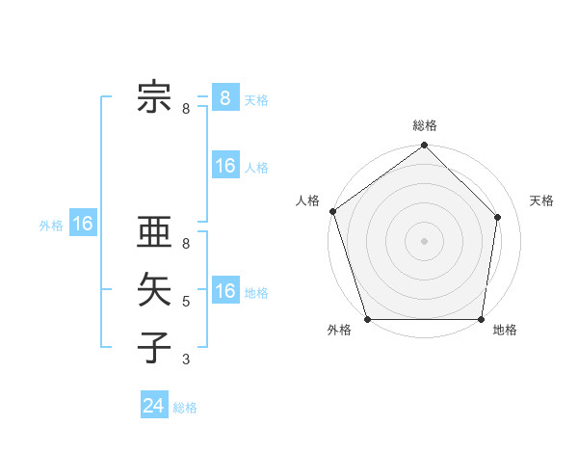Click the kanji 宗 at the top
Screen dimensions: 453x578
click(155, 96)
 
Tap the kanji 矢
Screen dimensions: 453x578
click(155, 289)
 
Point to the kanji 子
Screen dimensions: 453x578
click(155, 346)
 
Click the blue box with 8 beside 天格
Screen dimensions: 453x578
click(224, 98)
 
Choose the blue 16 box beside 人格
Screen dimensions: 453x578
click(225, 166)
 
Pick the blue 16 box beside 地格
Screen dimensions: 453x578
click(225, 290)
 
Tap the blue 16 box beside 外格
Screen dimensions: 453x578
click(83, 225)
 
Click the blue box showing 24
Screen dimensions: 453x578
click(154, 406)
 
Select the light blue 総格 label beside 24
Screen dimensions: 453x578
click(185, 408)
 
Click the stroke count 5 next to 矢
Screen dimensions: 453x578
click(186, 302)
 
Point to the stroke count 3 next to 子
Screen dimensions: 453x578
click(186, 360)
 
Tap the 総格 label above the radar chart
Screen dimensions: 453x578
click(425, 125)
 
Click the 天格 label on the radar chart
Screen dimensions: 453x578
click(542, 200)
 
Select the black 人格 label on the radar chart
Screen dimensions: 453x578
click(308, 200)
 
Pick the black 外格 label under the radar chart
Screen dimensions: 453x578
click(339, 330)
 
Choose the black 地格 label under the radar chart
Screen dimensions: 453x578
click(505, 330)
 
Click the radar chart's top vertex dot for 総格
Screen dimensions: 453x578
click(425, 146)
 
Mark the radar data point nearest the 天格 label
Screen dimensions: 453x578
click(498, 217)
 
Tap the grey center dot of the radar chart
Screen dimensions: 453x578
click(425, 240)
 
